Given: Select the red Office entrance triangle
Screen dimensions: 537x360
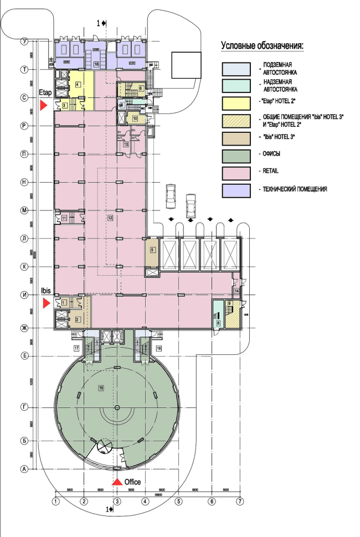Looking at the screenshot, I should [x=117, y=482].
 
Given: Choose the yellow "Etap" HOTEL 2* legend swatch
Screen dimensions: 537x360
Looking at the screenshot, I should [x=238, y=102].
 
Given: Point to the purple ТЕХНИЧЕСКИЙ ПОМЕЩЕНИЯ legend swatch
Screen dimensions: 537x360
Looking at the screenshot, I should [x=238, y=189].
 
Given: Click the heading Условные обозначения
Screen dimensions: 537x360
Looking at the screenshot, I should [x=264, y=45].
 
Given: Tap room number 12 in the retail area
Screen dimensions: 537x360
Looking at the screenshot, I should [x=110, y=218].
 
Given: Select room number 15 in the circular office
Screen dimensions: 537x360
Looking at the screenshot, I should [x=101, y=387].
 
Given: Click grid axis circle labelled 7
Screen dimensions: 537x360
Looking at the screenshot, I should [x=240, y=502].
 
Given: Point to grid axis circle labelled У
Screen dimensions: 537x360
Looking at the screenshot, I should [x=24, y=42].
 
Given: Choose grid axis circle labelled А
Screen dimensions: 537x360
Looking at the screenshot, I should [x=24, y=469].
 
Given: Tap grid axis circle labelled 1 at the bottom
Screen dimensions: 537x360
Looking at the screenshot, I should [x=55, y=502].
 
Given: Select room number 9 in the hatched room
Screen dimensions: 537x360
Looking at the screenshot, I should [x=229, y=304].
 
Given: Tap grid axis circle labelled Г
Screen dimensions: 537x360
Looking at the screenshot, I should [x=24, y=407].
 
